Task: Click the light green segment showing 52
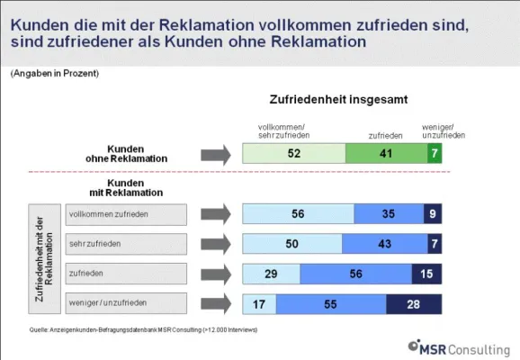pyautogui.click(x=294, y=154)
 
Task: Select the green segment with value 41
pyautogui.click(x=385, y=154)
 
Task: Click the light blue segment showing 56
pyautogui.click(x=299, y=215)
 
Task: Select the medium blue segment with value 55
pyautogui.click(x=331, y=305)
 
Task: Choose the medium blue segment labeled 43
pyautogui.click(x=385, y=245)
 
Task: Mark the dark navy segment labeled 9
pyautogui.click(x=433, y=215)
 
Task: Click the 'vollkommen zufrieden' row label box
pyautogui.click(x=125, y=214)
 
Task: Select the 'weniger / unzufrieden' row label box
pyautogui.click(x=125, y=304)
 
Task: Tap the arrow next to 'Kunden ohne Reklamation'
pyautogui.click(x=216, y=154)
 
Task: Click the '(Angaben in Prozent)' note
pyautogui.click(x=55, y=73)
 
